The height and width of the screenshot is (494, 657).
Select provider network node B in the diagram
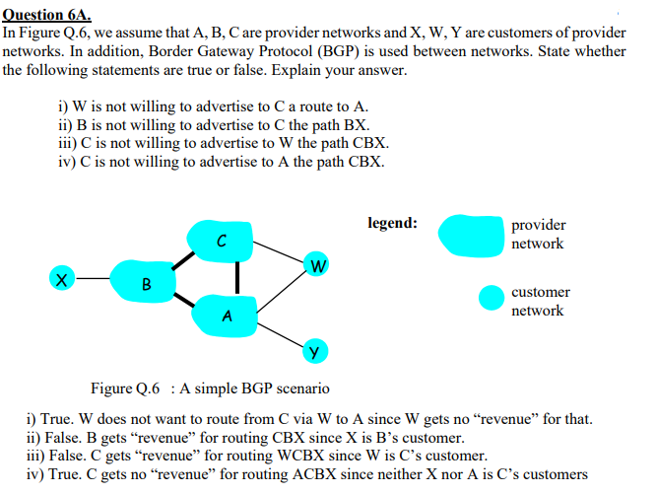point(146,282)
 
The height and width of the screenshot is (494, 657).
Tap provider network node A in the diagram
point(228,315)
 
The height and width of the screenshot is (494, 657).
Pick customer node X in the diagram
point(62,280)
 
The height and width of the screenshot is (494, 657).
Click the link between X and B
point(95,280)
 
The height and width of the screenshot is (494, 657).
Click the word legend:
point(392,223)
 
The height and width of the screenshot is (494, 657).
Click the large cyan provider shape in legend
point(471,235)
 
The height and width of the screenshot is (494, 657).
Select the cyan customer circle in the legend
point(492,298)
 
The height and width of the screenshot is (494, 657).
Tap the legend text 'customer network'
point(540,302)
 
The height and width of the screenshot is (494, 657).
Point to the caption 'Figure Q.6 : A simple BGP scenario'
point(210,388)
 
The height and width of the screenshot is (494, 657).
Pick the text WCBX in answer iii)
point(285,456)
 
